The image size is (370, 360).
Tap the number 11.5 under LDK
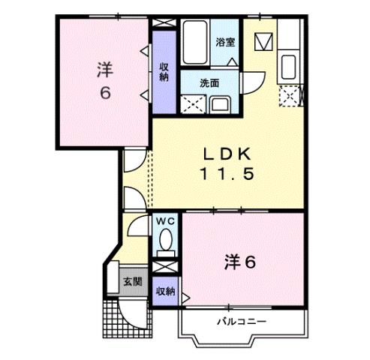(228, 175)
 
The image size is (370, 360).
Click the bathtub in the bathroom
(197, 43)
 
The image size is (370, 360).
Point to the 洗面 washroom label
(209, 83)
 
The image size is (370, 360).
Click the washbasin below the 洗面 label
(221, 103)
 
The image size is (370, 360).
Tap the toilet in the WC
(165, 242)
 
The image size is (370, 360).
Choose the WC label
(165, 221)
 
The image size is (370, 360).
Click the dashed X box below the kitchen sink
(288, 94)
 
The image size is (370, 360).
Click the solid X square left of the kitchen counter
(264, 42)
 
